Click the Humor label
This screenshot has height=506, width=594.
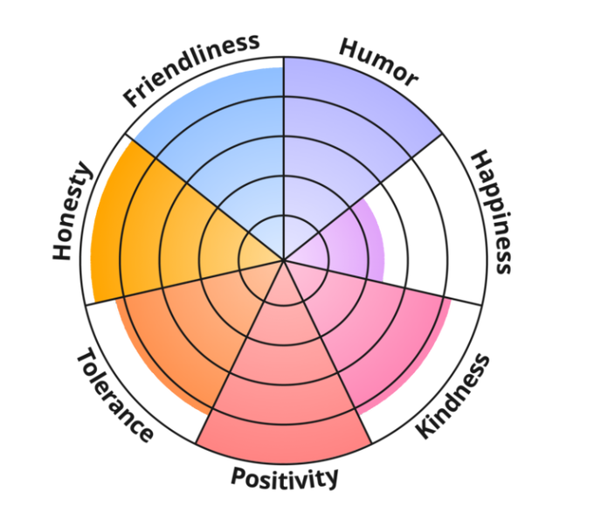click(378, 62)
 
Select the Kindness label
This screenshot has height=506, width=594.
click(452, 397)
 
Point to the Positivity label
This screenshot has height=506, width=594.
click(284, 477)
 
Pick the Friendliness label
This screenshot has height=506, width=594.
click(191, 69)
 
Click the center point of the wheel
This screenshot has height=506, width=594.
click(283, 260)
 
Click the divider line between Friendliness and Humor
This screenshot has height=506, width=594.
click(283, 131)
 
